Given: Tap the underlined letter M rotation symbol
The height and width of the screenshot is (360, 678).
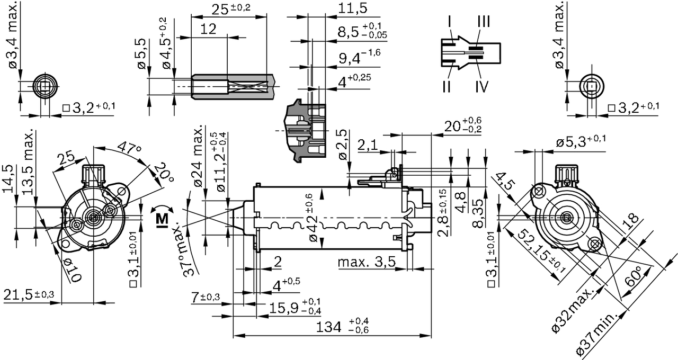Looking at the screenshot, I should tap(162, 219).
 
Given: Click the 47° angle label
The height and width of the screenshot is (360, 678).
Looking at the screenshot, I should tap(129, 148).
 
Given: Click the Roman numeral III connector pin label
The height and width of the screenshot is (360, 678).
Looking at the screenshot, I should tap(483, 22).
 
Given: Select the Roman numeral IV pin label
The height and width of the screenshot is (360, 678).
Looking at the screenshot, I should tap(481, 86).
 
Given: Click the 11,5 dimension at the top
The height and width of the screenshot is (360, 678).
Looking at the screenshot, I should tap(352, 9).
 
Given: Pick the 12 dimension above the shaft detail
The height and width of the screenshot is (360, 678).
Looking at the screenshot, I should tap(209, 29).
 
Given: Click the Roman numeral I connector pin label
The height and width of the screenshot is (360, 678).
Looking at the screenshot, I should tap(449, 22).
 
